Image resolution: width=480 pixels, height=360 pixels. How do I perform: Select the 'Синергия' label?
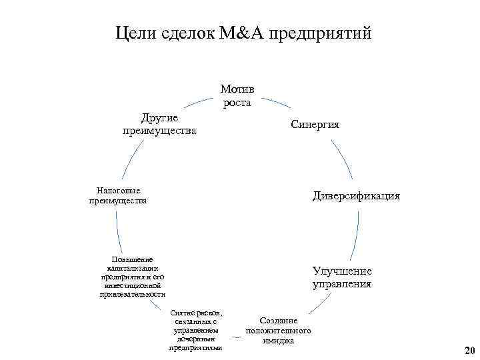(x=315, y=125)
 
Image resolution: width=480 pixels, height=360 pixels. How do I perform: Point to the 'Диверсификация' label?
(x=357, y=196)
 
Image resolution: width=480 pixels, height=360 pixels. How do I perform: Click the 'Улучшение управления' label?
(x=342, y=278)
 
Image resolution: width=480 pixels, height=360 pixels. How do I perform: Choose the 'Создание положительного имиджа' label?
(x=278, y=331)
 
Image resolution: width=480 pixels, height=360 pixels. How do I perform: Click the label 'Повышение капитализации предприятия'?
(x=133, y=277)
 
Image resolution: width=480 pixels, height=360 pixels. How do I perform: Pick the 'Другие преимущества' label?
(x=159, y=124)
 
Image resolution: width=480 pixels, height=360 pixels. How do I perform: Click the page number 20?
(x=469, y=351)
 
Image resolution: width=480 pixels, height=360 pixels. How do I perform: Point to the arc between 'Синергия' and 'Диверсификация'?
(x=343, y=161)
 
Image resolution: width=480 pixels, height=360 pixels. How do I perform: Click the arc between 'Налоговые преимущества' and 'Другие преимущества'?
(x=132, y=160)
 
